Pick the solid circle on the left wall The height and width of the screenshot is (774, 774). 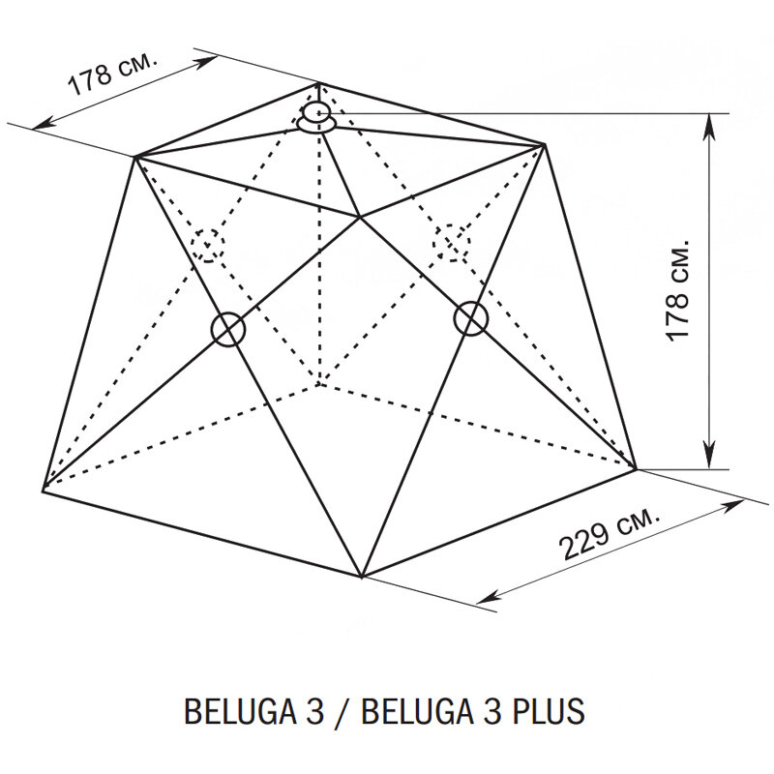(228, 329)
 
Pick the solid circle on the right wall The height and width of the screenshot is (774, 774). (470, 317)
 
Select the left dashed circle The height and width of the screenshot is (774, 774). (208, 244)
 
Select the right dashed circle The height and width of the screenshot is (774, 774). (452, 241)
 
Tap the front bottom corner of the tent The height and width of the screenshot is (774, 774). (361, 578)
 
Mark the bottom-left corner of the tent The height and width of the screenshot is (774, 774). (44, 489)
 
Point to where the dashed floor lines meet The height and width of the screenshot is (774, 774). (317, 387)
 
